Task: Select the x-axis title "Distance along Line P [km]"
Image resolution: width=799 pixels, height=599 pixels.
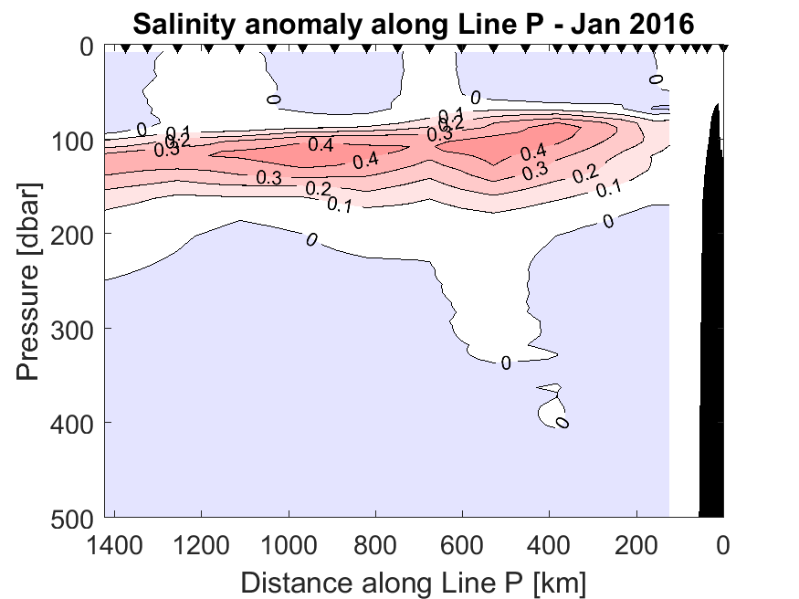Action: (x=413, y=580)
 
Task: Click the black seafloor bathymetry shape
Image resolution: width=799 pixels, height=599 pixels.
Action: (x=712, y=365)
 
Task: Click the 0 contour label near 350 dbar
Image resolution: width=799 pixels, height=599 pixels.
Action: (x=505, y=363)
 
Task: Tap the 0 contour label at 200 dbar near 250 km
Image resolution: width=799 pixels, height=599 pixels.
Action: (x=608, y=220)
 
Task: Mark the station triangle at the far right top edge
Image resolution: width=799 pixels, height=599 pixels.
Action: (x=723, y=48)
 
